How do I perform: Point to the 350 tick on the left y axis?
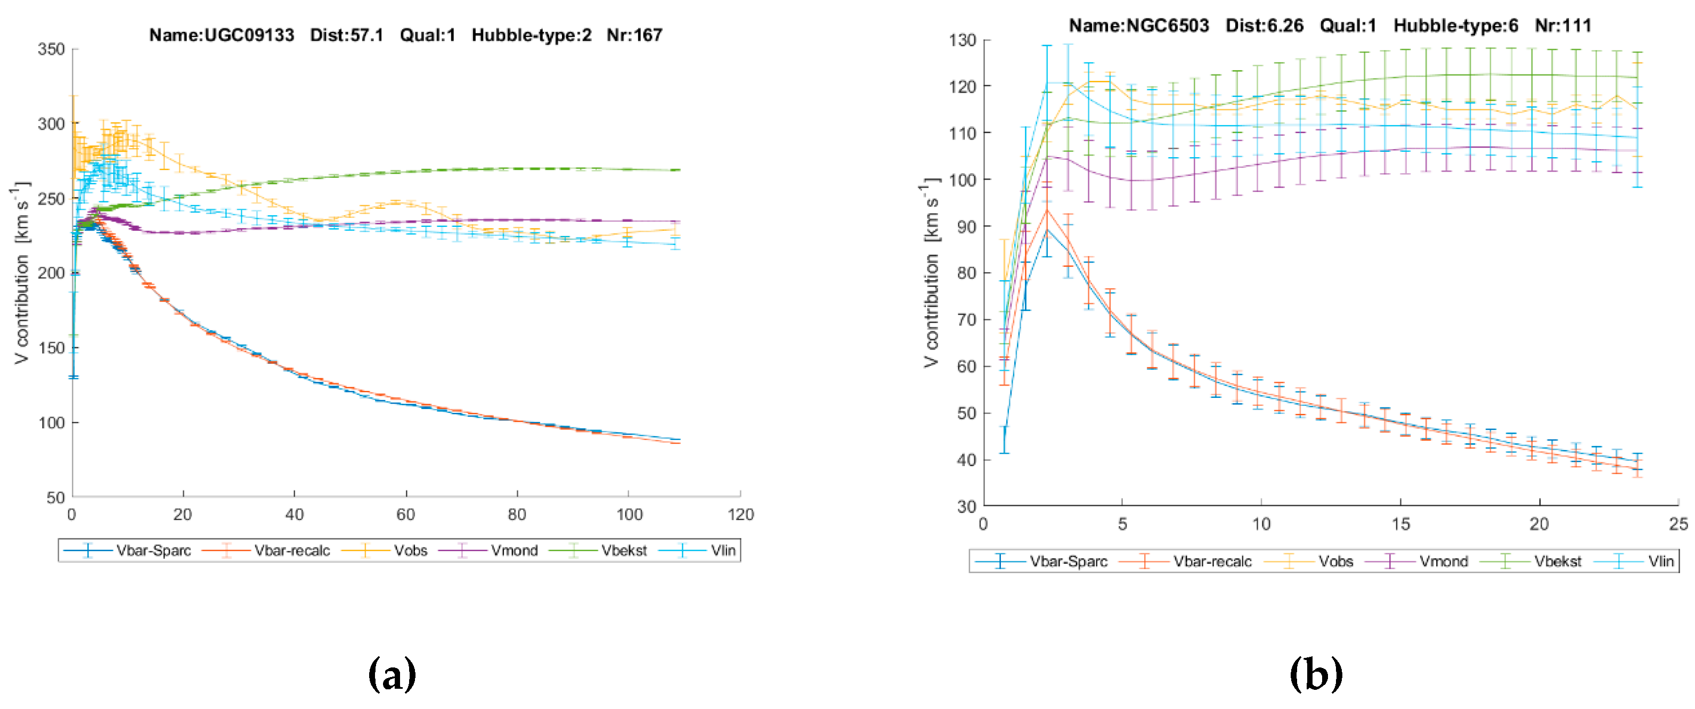51,50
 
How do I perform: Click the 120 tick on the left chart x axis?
741,515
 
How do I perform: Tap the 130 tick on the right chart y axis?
962,40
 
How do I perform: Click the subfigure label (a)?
392,673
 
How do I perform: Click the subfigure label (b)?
1316,673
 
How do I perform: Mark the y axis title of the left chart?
21,273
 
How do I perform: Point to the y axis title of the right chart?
931,273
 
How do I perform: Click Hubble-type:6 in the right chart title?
1455,26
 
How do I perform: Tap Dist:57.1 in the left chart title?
347,35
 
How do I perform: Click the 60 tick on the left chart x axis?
405,515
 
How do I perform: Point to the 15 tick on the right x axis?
1401,524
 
